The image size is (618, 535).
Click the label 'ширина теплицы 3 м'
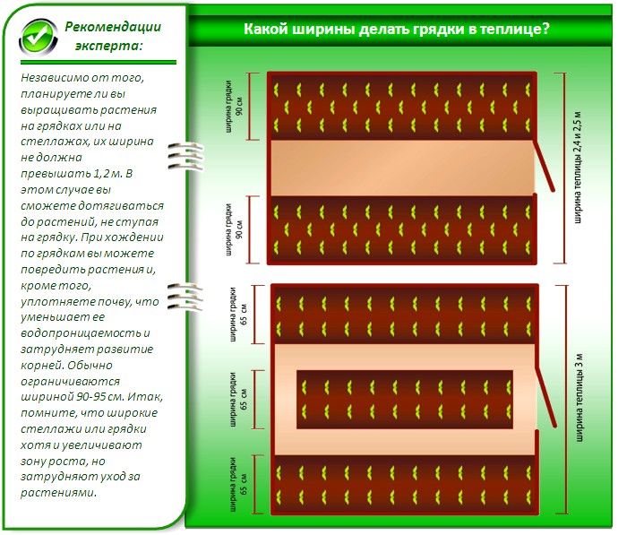pyautogui.click(x=579, y=399)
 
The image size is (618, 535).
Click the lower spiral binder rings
pyautogui.click(x=182, y=295)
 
